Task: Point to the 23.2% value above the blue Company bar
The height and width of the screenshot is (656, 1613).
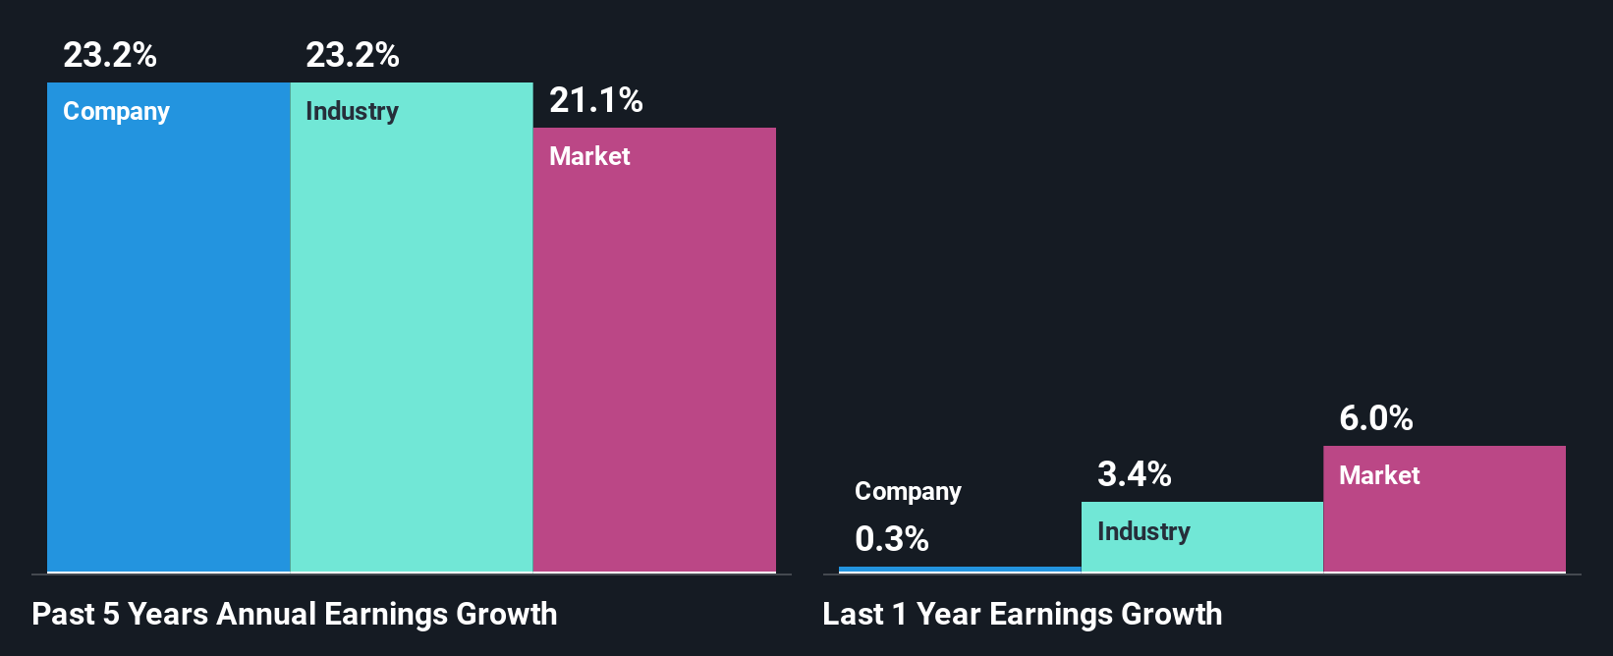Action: [110, 55]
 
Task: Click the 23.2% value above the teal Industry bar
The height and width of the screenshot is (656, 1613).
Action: [353, 55]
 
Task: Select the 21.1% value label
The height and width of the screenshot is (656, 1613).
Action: [596, 100]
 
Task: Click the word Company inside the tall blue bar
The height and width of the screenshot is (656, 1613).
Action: [116, 112]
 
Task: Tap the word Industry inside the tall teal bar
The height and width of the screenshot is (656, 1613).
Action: [352, 111]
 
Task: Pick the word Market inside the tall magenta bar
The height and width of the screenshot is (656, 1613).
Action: [589, 156]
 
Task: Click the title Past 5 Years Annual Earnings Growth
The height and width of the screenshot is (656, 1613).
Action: [295, 614]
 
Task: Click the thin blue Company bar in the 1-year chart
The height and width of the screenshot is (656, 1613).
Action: [960, 569]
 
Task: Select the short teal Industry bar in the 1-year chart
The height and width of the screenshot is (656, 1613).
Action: [1202, 550]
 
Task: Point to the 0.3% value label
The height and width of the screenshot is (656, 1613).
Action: [892, 539]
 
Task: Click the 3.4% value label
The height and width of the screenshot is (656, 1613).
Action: [1135, 475]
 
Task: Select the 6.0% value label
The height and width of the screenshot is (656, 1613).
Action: [1376, 419]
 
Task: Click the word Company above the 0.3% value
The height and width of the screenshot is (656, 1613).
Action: [908, 492]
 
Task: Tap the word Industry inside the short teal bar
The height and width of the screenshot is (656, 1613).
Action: [1143, 531]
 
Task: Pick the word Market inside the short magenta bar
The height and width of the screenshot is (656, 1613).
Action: [1379, 475]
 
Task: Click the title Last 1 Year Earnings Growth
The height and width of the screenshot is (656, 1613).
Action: [1023, 614]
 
